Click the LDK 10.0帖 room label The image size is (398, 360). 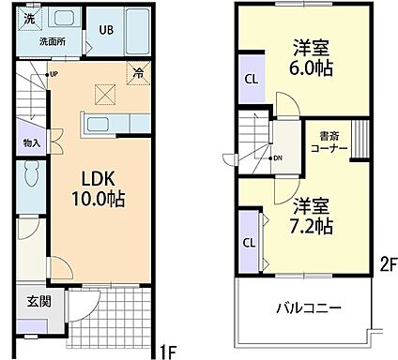(98, 188)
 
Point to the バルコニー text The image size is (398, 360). (307, 307)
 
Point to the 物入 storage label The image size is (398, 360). (31, 142)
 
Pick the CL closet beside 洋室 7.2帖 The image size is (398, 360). (250, 241)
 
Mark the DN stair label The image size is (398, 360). (277, 157)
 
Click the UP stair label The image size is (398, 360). (54, 73)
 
